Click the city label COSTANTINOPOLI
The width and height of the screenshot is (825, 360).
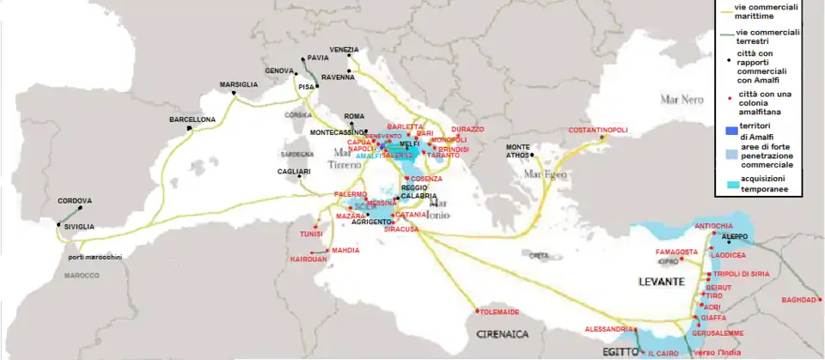[x=598, y=131]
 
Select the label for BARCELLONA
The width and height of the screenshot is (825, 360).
[x=192, y=119]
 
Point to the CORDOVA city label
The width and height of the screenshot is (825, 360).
[x=75, y=201]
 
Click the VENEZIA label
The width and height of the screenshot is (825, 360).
[x=344, y=49]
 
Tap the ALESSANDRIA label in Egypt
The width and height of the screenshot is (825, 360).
[x=608, y=329]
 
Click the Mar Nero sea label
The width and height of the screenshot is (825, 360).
[x=681, y=100]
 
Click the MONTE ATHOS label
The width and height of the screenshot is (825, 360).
[x=518, y=150]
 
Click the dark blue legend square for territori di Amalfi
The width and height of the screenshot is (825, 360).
[x=723, y=130]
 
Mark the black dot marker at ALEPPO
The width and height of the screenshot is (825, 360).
[x=728, y=241]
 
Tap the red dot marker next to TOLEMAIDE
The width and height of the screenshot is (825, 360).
[x=476, y=310]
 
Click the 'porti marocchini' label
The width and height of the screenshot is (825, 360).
[x=95, y=257]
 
